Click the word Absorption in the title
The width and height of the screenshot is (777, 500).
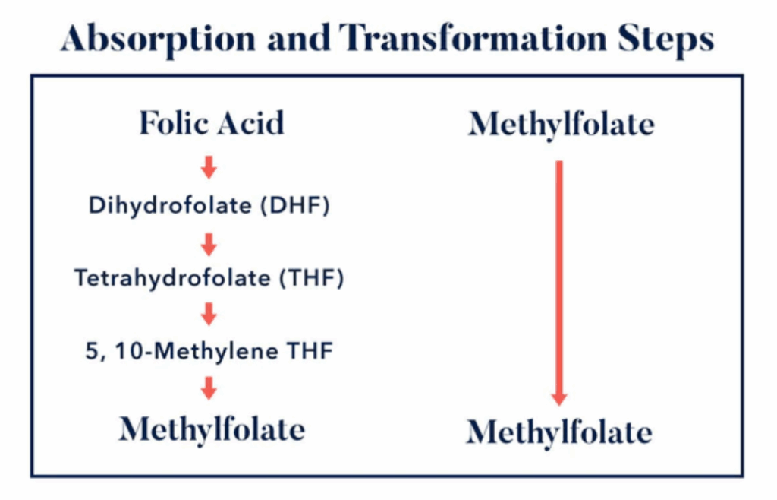(x=158, y=39)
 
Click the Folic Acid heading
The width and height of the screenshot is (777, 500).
(x=212, y=123)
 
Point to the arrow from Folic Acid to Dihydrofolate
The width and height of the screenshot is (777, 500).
(x=209, y=167)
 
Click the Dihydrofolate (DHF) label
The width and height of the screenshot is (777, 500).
(x=209, y=205)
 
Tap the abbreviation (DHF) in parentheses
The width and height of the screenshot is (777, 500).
(x=295, y=205)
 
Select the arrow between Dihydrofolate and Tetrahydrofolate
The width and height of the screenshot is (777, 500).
(x=209, y=245)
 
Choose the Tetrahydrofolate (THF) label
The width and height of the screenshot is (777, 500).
(x=209, y=278)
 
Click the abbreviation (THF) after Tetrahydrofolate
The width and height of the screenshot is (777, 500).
(x=312, y=278)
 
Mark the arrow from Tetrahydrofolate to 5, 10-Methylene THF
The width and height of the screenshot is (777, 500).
(x=209, y=314)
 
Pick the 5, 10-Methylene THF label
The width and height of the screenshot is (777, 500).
(x=209, y=351)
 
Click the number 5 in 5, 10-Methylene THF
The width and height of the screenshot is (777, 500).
(x=92, y=352)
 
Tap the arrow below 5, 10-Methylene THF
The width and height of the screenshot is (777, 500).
(x=209, y=388)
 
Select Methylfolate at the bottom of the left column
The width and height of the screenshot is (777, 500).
(x=212, y=429)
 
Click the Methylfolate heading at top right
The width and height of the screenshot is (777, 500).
(x=562, y=124)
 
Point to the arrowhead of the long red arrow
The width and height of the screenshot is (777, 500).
(x=559, y=399)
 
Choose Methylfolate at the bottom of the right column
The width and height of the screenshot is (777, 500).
(x=559, y=432)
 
